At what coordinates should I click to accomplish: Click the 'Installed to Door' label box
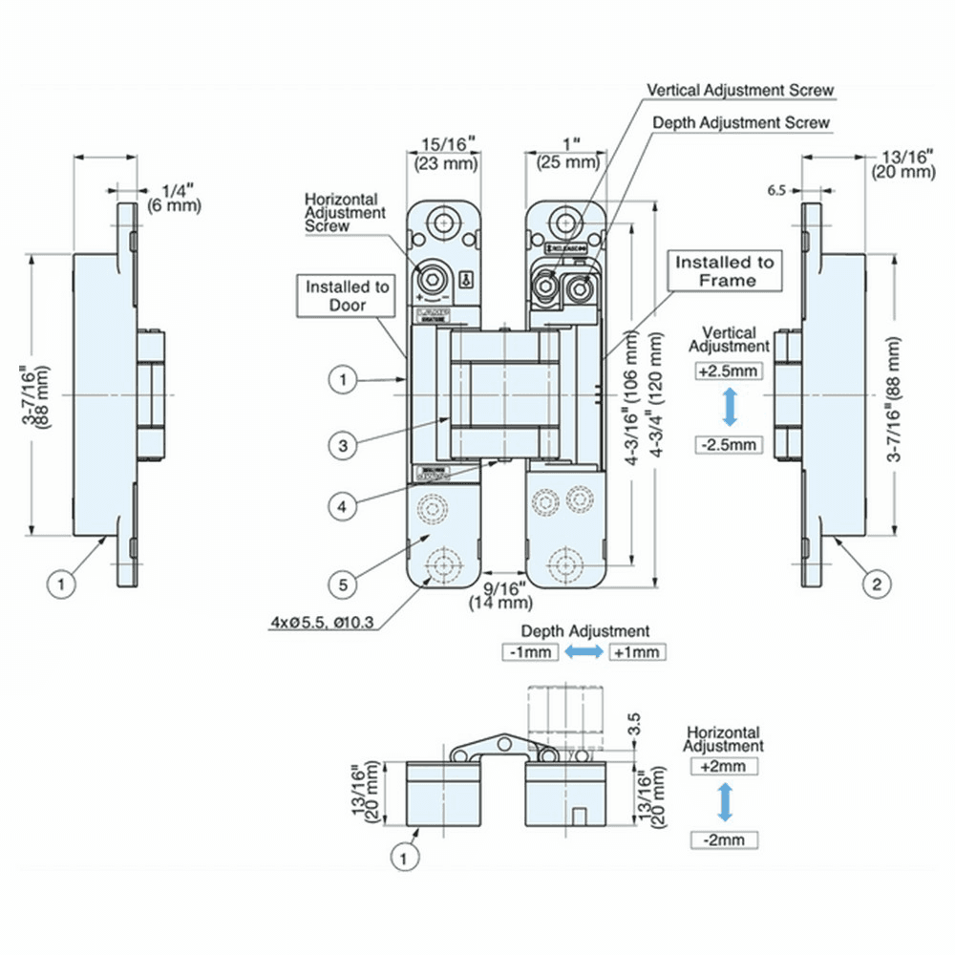pos(348,295)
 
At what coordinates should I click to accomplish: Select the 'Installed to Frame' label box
pos(726,270)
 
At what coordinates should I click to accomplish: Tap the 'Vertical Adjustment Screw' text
pos(740,90)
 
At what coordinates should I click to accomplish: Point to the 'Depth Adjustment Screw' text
pos(741,123)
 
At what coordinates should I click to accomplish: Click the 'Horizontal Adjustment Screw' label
pos(345,212)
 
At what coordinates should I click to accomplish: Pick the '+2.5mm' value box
pos(730,371)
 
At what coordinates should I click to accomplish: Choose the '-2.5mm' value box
pos(730,444)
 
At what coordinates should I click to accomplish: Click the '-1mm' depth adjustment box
pos(527,652)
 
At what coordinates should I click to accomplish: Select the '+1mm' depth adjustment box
pos(637,652)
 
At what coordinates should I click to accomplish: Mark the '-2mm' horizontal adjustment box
pos(725,840)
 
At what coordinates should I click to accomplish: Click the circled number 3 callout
pos(343,443)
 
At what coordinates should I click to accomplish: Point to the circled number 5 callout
pos(343,582)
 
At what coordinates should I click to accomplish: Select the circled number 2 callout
pos(877,583)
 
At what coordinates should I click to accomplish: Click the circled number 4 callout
pos(343,506)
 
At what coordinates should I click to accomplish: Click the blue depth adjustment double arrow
pos(583,652)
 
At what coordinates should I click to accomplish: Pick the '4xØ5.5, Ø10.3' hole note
pos(322,625)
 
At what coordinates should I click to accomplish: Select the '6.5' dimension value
pos(776,190)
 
